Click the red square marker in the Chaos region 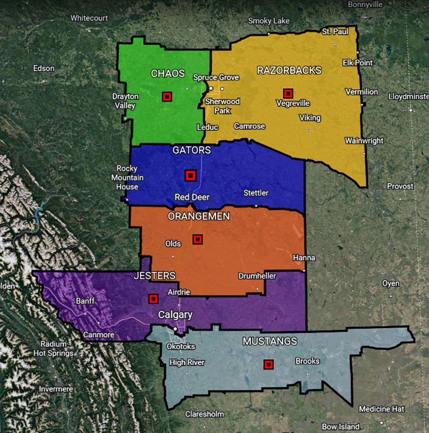[x=167, y=97]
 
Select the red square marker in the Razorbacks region [x=288, y=93]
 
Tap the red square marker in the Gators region [x=190, y=176]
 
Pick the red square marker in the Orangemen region [x=197, y=239]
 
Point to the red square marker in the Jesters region [x=153, y=299]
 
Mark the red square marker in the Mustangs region [x=268, y=365]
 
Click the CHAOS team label [x=168, y=74]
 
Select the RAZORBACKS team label [x=289, y=70]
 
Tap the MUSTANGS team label [x=270, y=341]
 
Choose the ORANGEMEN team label [x=199, y=216]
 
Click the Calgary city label [x=175, y=315]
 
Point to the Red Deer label [x=192, y=197]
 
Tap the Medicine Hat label [x=382, y=409]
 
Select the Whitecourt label [x=89, y=18]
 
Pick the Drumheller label [x=257, y=276]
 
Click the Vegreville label [x=293, y=103]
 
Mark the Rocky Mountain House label [x=127, y=178]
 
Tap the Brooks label [x=307, y=361]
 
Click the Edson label [x=44, y=68]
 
